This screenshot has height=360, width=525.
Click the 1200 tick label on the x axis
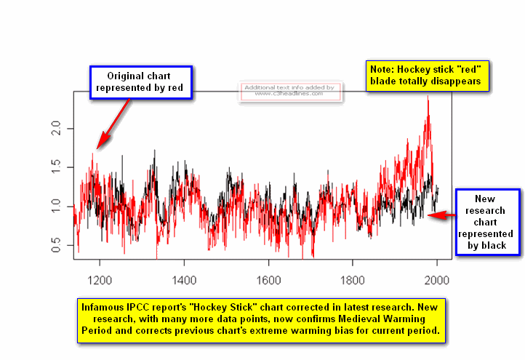point(99,280)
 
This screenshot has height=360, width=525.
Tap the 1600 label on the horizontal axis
point(268,280)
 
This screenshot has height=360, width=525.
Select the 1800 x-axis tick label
point(353,280)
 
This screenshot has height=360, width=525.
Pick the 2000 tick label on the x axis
point(437,280)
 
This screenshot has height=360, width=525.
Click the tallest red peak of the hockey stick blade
point(428,97)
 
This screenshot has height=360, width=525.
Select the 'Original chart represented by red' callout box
point(140,82)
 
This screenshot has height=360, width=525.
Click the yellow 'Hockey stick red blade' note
point(425,75)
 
